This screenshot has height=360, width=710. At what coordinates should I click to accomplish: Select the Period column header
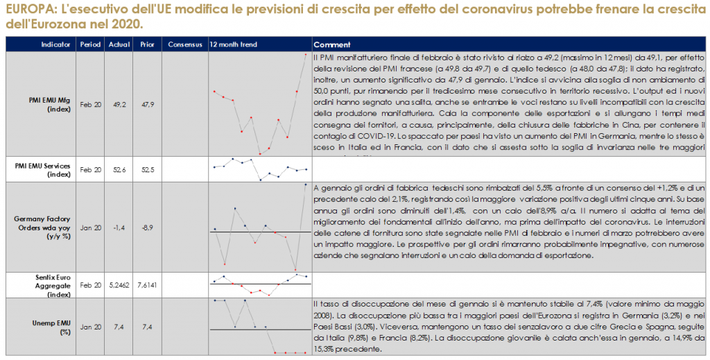[90, 44]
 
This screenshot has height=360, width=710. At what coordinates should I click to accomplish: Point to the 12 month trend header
[234, 44]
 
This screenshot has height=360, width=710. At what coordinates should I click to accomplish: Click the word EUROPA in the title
[26, 9]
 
